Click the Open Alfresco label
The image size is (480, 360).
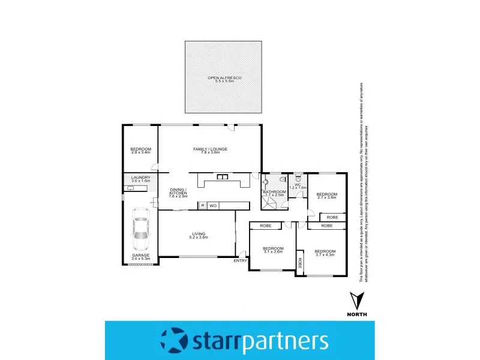223,79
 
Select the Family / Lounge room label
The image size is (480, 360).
210,150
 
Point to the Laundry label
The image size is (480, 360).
140,179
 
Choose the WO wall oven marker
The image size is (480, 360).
213,206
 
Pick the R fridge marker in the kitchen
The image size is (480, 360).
203,206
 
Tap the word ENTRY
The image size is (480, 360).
241,260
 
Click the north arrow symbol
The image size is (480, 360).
358,299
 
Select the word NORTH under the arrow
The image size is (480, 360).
358,314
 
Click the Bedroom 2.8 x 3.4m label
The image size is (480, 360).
141,151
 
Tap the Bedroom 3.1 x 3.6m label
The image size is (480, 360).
272,250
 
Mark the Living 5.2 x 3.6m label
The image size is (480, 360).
199,236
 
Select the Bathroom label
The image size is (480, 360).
273,193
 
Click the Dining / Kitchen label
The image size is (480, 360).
179,193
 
